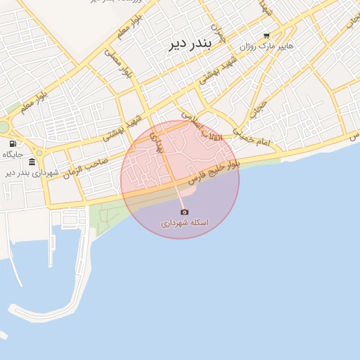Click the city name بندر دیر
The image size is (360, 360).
[x=189, y=44]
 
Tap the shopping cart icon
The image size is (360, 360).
[x=266, y=35]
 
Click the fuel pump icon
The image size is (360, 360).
[x=13, y=143]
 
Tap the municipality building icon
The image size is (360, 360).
[x=32, y=162]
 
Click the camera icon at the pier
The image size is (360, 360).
[x=184, y=212]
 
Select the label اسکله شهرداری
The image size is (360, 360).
[x=184, y=222]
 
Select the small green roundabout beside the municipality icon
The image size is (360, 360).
[x=39, y=153]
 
